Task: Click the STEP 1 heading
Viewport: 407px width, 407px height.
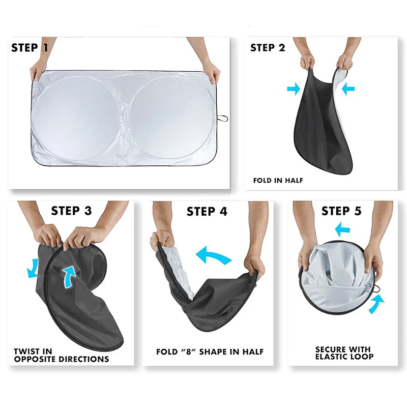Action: point(30,48)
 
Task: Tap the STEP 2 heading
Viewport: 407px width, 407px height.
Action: point(268,48)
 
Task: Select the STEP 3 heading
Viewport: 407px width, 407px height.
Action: point(71,211)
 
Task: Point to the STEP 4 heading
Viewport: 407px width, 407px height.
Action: point(207,211)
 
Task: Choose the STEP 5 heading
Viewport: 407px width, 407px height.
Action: point(341,211)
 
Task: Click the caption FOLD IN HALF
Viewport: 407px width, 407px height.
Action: point(278,181)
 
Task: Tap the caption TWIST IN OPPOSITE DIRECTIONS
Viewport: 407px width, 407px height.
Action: point(61,355)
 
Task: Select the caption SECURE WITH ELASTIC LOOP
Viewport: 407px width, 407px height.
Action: point(344,353)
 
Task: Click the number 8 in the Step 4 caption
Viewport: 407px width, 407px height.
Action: point(189,352)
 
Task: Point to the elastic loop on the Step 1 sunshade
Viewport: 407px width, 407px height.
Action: point(223,119)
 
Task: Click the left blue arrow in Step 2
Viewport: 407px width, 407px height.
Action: point(294,89)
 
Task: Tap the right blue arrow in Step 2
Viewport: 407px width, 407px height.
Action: point(348,89)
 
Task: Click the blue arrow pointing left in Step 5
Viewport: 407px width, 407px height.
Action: point(342,229)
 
